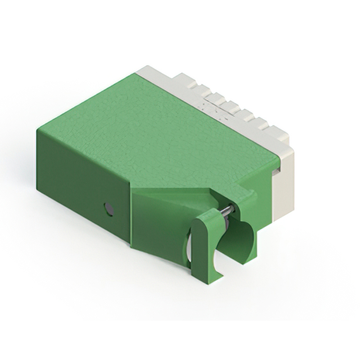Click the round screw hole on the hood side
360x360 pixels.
pos(109,210)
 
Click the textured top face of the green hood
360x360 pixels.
pos(163,129)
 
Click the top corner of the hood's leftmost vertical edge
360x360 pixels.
pos(38,130)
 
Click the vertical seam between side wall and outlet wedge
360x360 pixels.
pos(130,214)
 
